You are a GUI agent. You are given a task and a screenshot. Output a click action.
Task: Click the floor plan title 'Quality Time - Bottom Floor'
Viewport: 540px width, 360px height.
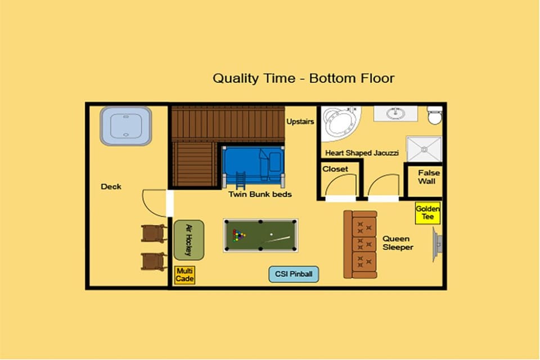click(303, 79)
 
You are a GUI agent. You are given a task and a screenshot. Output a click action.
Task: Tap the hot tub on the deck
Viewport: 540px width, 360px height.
click(125, 126)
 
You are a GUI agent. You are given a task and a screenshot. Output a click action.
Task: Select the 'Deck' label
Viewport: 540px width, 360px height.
click(111, 187)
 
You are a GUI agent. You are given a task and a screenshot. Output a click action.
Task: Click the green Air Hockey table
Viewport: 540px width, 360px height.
click(189, 240)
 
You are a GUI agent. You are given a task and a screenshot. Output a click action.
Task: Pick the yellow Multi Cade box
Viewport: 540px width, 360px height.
click(184, 275)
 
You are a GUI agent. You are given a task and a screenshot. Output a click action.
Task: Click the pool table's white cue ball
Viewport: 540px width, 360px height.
click(271, 235)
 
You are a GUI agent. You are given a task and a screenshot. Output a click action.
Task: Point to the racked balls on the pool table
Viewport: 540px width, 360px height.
click(238, 235)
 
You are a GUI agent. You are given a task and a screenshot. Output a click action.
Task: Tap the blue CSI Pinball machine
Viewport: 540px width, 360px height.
click(294, 274)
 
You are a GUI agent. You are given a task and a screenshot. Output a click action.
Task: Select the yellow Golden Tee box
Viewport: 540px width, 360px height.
click(427, 213)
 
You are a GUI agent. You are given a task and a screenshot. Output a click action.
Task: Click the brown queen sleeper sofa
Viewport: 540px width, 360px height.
click(361, 245)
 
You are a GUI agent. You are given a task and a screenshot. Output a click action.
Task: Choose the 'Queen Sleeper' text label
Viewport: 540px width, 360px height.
click(398, 243)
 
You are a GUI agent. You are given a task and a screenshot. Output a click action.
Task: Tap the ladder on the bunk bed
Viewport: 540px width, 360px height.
click(240, 181)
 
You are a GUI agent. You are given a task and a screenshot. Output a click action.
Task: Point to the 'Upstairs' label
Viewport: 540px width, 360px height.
click(300, 121)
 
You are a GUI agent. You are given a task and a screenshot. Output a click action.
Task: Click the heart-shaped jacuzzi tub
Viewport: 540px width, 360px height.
click(341, 124)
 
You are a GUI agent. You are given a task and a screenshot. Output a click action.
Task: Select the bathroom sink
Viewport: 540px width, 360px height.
click(395, 113)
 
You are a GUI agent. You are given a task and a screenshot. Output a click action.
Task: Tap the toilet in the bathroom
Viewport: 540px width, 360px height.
click(435, 115)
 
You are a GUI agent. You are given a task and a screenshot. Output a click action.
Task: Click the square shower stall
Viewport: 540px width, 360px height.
click(424, 149)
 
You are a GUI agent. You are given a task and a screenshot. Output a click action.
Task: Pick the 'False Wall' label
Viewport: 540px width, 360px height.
click(428, 177)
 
